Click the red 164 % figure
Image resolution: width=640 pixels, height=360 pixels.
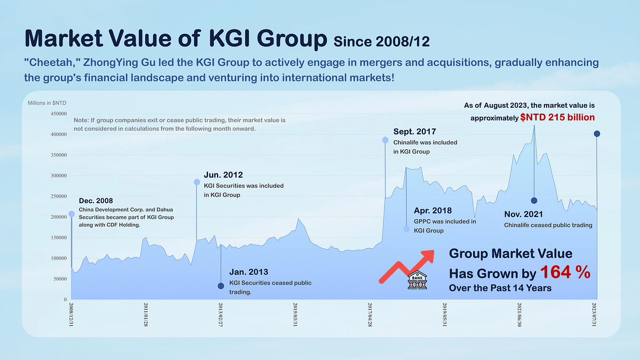point(565,273)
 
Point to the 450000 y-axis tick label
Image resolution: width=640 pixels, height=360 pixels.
point(57,114)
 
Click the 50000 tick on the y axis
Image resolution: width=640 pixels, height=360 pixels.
point(59,279)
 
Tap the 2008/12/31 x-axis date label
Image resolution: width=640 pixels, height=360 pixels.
point(71,316)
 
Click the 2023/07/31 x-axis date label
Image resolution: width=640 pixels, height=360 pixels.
point(595,316)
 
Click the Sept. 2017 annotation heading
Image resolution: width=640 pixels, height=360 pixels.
point(414,131)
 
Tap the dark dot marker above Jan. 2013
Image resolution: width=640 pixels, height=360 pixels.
point(221,286)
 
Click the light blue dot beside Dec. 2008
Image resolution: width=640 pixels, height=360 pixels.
point(71,214)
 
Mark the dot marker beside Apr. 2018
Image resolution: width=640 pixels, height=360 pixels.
point(406,229)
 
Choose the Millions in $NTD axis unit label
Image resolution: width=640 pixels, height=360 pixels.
point(47,102)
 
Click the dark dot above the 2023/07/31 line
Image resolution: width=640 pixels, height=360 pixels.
point(597,134)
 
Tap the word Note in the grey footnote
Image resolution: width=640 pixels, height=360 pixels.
point(82,121)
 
